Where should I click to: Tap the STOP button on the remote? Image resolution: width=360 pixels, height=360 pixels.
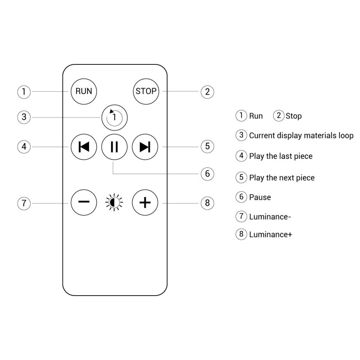point(146,91)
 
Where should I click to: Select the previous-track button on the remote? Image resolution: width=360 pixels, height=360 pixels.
point(84,147)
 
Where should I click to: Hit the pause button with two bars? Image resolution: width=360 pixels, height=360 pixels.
point(114,147)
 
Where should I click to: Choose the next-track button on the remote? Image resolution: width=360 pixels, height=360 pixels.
point(145,147)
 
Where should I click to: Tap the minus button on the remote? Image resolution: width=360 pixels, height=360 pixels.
point(84,202)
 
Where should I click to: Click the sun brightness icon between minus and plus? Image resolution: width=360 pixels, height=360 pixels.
point(114,202)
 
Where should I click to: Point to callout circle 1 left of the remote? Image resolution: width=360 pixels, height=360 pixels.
point(24,92)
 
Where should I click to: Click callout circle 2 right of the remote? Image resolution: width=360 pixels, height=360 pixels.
point(207,92)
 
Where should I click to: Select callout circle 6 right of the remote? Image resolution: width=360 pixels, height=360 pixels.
point(207,174)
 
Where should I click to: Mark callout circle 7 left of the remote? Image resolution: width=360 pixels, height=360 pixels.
point(24,202)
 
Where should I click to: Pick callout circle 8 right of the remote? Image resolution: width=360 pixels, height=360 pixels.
point(207,202)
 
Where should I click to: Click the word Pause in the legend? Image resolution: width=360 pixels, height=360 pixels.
point(260,197)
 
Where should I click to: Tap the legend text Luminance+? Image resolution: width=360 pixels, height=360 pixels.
point(270,234)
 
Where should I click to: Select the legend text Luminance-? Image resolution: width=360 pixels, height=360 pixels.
point(270,216)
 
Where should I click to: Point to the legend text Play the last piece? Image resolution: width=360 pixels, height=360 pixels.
point(281,156)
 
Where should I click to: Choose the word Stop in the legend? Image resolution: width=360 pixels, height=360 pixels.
point(293,116)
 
